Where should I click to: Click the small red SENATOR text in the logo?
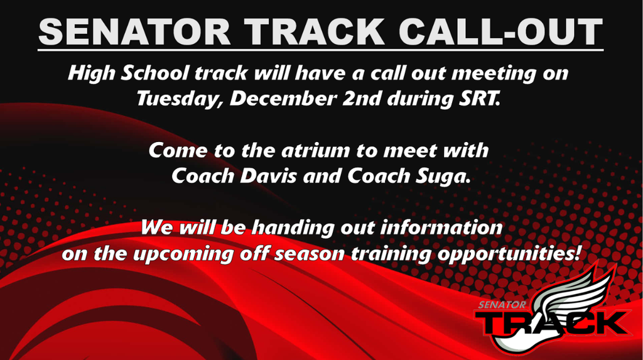pyautogui.click(x=501, y=304)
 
